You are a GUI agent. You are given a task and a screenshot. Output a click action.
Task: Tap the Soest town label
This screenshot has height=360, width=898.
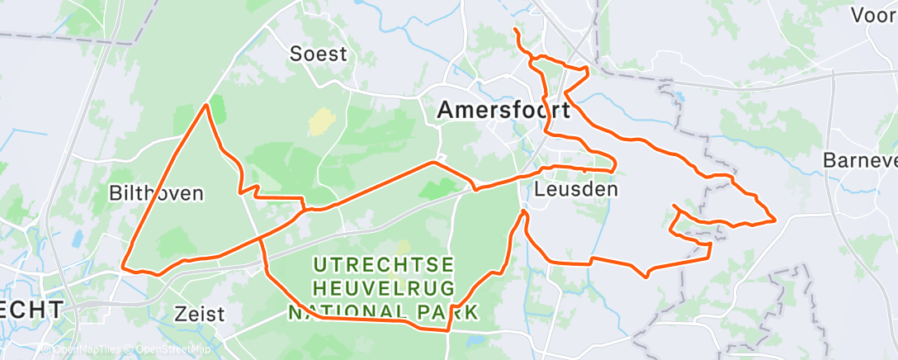(x=318, y=54)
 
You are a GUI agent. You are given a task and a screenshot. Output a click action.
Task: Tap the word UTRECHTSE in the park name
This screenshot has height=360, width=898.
(x=384, y=265)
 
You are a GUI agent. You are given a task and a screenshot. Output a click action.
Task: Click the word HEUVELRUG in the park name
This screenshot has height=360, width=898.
(x=384, y=288)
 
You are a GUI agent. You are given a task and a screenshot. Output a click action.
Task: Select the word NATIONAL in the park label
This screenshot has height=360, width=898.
(x=347, y=312)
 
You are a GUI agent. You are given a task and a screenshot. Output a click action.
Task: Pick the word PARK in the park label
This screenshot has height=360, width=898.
(x=447, y=312)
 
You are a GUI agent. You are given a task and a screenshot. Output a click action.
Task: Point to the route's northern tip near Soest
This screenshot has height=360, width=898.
(x=206, y=105)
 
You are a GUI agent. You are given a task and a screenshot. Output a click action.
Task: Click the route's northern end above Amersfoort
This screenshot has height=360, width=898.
(x=515, y=30)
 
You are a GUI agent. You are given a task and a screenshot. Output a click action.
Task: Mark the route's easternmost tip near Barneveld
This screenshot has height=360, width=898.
(x=775, y=220)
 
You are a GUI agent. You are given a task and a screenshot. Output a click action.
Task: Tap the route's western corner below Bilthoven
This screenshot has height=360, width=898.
(x=123, y=267)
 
